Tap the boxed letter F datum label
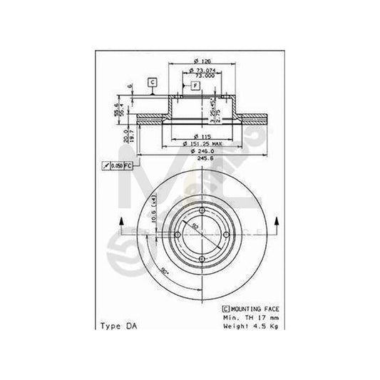pos(194,86)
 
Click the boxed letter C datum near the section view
pos(152,82)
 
